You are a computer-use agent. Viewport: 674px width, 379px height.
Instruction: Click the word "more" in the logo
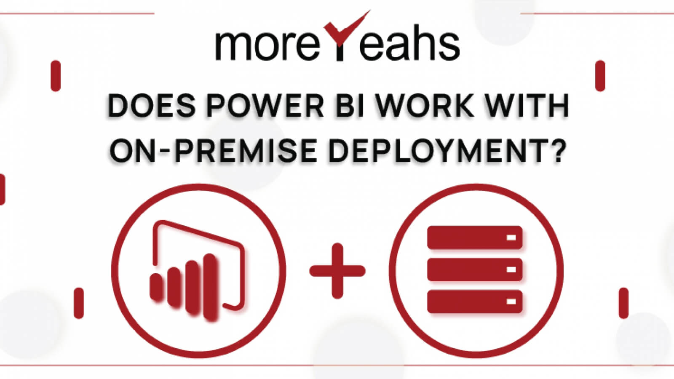(x=267, y=44)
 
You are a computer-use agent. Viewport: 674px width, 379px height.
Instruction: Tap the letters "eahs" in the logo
(x=409, y=44)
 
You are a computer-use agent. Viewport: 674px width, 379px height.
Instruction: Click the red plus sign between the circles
(x=337, y=271)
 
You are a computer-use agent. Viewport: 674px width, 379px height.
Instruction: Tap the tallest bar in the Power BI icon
(x=211, y=286)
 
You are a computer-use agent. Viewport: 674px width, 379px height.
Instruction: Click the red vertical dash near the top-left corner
(x=55, y=76)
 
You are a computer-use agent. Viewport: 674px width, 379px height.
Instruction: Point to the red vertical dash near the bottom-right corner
(x=623, y=303)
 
